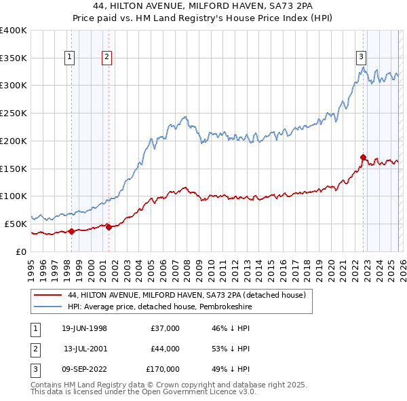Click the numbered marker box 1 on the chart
pos(71,58)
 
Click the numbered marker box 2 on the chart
pos(107,58)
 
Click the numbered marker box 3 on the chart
pos(362,58)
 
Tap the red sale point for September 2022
pos(363,158)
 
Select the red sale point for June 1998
pos(71,231)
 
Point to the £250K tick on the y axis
pos(14,113)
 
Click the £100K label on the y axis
pos(14,196)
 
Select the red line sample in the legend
pos(48,295)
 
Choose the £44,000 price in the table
pos(165,349)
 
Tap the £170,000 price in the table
pos(163,369)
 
